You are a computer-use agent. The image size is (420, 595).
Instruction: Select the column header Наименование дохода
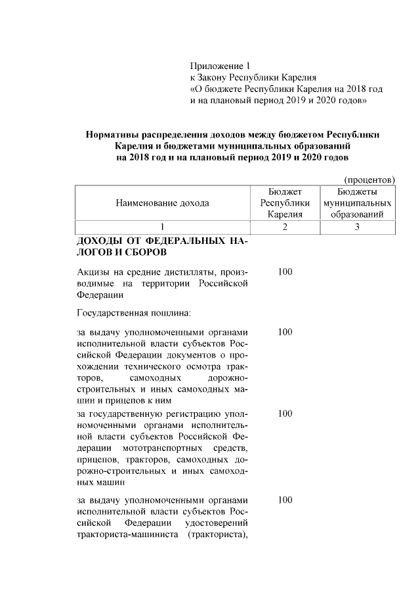(162, 202)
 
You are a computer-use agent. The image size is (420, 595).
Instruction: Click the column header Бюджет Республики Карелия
(285, 202)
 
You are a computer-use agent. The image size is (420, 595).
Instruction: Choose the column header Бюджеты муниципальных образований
(358, 202)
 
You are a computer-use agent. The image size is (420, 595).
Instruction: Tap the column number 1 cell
(162, 227)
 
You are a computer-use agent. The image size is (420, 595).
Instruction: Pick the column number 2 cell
(285, 227)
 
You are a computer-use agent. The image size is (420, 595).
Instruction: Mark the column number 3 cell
(358, 227)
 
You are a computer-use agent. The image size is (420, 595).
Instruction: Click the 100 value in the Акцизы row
(285, 272)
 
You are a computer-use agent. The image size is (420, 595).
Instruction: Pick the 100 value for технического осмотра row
(285, 332)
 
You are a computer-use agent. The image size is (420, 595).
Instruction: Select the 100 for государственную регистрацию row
(285, 414)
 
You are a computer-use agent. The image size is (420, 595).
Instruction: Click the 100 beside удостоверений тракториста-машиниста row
(285, 500)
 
